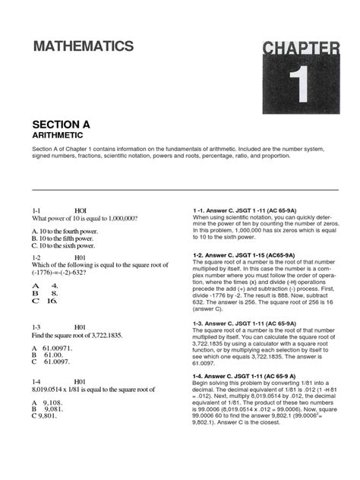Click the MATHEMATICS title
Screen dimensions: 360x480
point(84,47)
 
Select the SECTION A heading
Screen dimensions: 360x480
point(64,123)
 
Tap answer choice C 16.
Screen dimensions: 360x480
point(45,301)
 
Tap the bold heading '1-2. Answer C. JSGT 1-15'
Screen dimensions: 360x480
point(237,256)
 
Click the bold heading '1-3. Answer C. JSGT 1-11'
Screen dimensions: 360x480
point(238,323)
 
